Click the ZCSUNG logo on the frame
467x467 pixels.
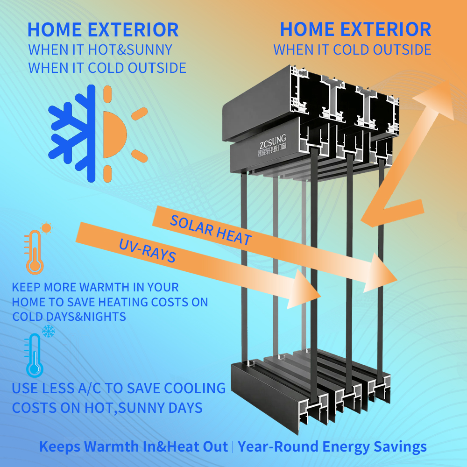pyautogui.click(x=272, y=145)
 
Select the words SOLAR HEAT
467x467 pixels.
pyautogui.click(x=211, y=230)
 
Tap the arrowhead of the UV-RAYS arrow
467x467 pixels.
pyautogui.click(x=304, y=289)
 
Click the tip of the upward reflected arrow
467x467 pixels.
pyautogui.click(x=448, y=81)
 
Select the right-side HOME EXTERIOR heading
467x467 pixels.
pyautogui.click(x=355, y=29)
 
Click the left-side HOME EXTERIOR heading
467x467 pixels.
pyautogui.click(x=103, y=30)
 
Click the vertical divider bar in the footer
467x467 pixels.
pyautogui.click(x=233, y=447)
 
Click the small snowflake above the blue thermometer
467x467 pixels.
pyautogui.click(x=48, y=331)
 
